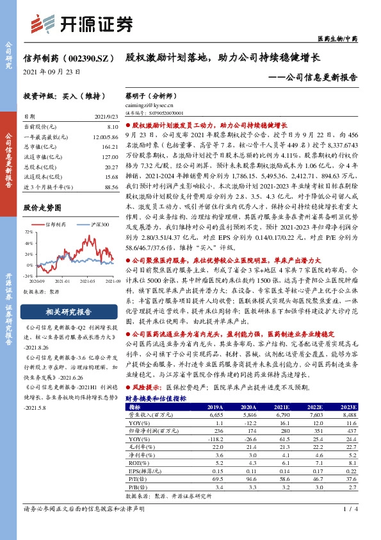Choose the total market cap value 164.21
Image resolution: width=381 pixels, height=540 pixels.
[110, 146]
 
